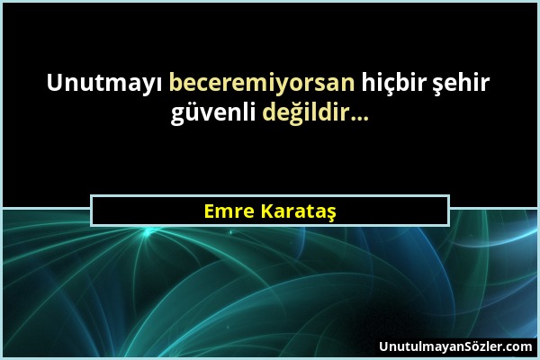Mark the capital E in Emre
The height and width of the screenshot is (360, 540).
[x=210, y=211]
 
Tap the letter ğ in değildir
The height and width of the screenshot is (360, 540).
[x=292, y=117]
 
